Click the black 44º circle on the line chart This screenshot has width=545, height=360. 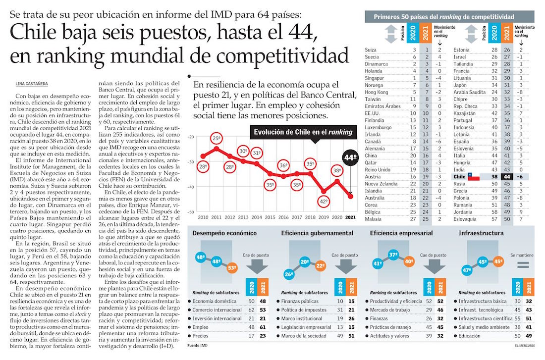click(x=350, y=159)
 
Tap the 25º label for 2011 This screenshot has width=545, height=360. click(x=216, y=138)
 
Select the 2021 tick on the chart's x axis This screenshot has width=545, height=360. click(x=350, y=217)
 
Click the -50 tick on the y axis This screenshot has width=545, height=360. click(x=191, y=212)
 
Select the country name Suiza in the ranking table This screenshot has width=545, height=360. click(x=371, y=50)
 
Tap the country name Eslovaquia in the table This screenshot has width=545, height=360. click(x=468, y=218)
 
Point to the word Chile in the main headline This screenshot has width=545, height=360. click(x=36, y=34)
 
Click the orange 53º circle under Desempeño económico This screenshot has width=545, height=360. click(x=231, y=268)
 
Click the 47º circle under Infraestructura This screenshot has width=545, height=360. click(x=466, y=270)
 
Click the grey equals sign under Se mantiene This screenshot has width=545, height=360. click(x=522, y=266)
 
